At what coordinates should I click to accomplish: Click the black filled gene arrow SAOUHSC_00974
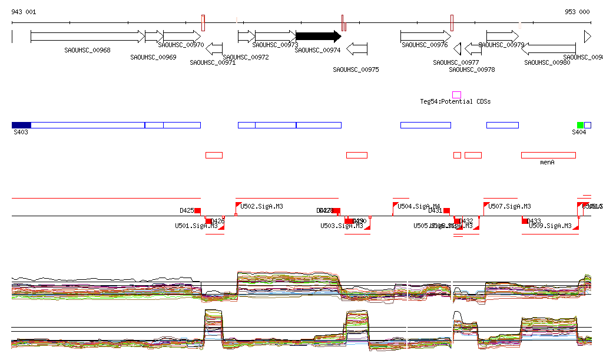[318, 37]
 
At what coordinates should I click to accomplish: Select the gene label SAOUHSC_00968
[87, 50]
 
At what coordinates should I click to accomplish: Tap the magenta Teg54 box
[456, 95]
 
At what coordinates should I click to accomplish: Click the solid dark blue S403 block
[21, 125]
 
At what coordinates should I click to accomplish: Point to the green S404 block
[580, 125]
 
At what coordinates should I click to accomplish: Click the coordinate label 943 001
[24, 12]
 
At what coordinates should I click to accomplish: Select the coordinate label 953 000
[577, 12]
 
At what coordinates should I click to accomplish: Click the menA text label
[548, 161]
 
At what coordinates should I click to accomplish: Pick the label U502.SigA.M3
[261, 206]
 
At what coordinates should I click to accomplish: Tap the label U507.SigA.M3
[509, 206]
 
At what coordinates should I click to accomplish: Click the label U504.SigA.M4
[419, 206]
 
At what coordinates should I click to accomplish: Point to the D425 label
[187, 210]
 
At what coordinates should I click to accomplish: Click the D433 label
[534, 221]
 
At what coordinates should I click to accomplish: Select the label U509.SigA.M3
[550, 226]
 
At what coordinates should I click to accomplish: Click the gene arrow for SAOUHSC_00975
[357, 48]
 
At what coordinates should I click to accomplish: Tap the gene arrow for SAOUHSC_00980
[548, 48]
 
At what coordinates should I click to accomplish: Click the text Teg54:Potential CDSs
[455, 101]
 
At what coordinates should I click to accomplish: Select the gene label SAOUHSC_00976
[425, 45]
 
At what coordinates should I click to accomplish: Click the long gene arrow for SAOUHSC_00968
[87, 37]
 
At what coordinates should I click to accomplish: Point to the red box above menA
[548, 155]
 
